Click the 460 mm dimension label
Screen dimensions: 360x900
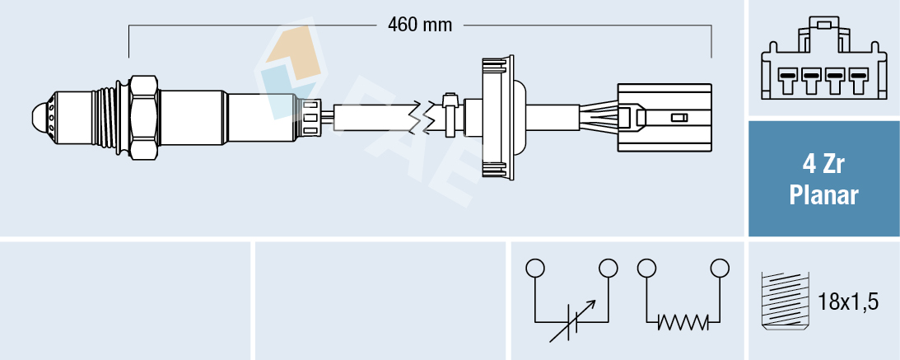coord(420,25)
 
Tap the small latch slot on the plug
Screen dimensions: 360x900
coord(679,119)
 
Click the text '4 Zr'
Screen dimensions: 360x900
coord(823,165)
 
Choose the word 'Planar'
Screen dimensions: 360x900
coord(823,195)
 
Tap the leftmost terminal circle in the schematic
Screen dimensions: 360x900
coord(535,268)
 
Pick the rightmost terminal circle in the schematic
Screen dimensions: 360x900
coord(720,268)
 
